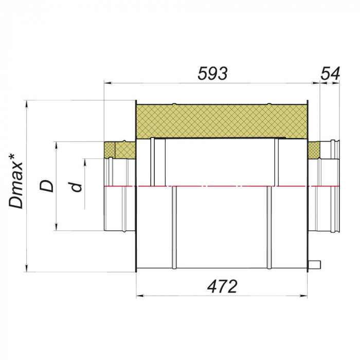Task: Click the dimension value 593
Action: [x=212, y=74]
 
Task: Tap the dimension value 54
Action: [x=330, y=74]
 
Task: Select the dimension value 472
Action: [x=222, y=286]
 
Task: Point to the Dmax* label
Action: [x=15, y=182]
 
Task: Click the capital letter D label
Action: [x=46, y=186]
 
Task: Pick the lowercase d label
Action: [x=76, y=187]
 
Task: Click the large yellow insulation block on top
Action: [x=222, y=121]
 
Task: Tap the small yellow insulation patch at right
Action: [x=314, y=150]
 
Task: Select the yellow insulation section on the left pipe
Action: [x=120, y=150]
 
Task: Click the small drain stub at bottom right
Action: [x=314, y=264]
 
